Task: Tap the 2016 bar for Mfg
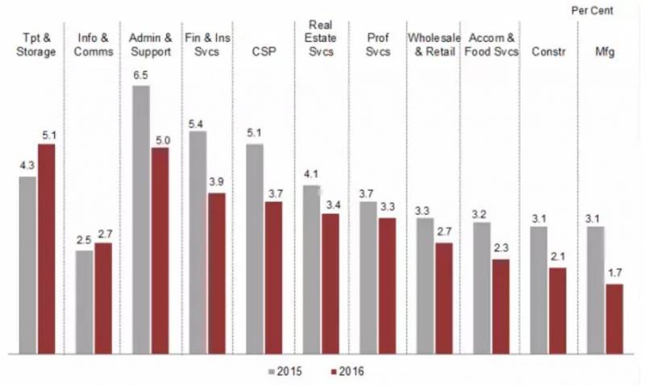click(x=614, y=318)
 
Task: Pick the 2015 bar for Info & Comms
click(x=84, y=301)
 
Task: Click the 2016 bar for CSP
click(x=274, y=277)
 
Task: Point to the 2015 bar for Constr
click(x=539, y=289)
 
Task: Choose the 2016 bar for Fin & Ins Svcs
click(x=216, y=273)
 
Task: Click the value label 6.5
click(x=141, y=73)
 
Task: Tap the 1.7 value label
click(x=614, y=272)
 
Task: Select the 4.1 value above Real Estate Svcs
click(x=311, y=173)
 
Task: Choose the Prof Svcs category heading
click(x=377, y=44)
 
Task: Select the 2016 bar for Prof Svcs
click(x=387, y=285)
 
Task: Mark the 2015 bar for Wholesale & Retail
click(x=424, y=285)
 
